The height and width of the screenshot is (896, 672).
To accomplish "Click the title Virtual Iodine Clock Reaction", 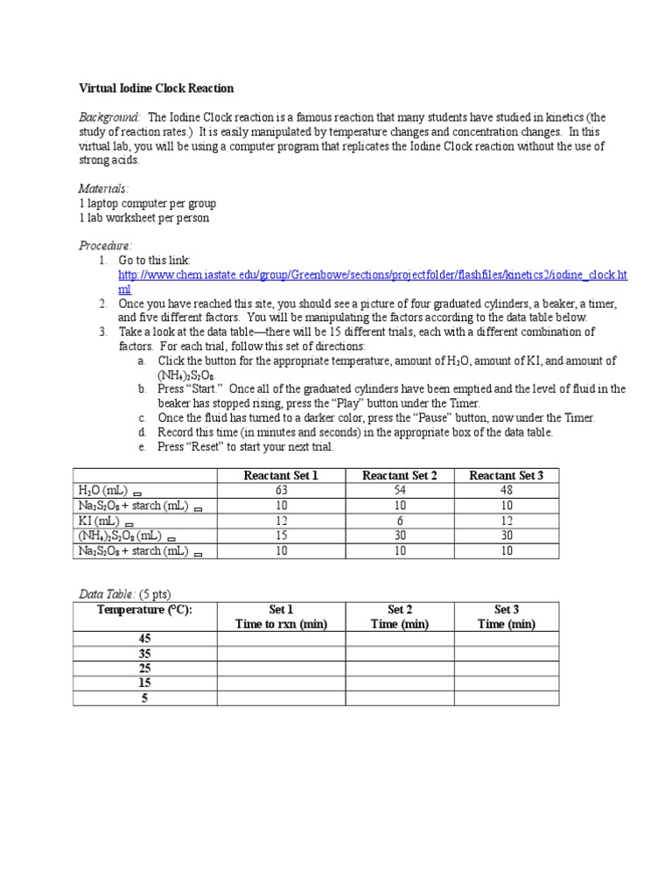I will point(157,88).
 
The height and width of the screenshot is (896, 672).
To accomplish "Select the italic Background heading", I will point(109,117).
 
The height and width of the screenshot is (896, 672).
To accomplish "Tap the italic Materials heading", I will point(103,189).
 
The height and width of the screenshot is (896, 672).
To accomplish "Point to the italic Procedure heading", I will point(105,246).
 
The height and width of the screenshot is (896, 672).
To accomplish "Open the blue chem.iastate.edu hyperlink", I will point(373,275).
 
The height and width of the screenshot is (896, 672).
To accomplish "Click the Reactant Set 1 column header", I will point(281,475).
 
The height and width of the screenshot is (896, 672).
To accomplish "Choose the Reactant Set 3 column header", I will point(506,475).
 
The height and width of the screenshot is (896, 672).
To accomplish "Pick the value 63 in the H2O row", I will point(281,490).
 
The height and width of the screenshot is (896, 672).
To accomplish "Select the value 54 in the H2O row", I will point(399,490).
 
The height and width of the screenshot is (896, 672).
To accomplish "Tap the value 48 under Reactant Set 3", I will point(506,490).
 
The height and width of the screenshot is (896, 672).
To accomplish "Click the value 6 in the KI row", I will point(399,521).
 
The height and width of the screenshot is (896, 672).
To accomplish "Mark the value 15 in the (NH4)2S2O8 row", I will point(281,535).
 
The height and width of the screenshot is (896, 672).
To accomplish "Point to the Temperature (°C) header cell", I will point(144,609).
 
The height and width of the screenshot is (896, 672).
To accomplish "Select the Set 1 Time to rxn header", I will point(281,617).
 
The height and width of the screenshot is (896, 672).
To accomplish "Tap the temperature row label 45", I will point(144,639).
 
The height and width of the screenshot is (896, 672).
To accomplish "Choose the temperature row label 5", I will point(144,698).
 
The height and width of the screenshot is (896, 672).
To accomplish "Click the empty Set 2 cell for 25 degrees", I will point(399,668).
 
